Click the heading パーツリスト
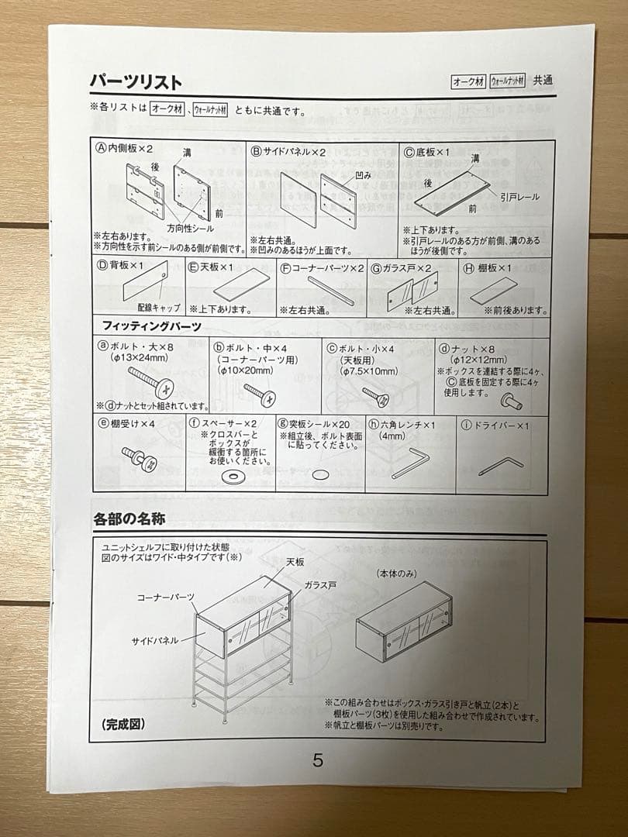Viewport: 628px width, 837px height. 136,81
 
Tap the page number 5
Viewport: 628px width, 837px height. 318,759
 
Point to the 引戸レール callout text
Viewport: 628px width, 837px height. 519,198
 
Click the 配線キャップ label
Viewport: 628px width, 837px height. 159,308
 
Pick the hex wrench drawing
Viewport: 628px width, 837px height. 409,463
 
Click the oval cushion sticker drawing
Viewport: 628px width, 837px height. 320,474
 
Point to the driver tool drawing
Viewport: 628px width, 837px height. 500,465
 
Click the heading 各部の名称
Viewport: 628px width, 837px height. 129,518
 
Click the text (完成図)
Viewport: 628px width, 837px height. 122,725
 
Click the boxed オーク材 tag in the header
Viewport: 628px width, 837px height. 468,81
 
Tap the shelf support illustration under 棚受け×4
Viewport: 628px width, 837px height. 140,457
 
